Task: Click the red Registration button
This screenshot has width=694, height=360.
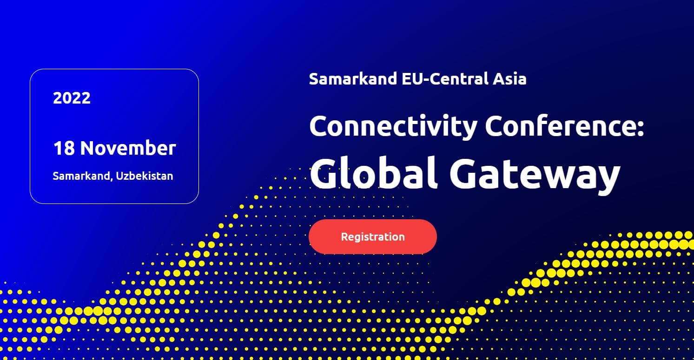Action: point(373,237)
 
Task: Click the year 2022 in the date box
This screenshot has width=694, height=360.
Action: point(72,98)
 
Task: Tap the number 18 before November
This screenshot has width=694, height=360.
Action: point(64,148)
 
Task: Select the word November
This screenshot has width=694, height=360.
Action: point(128,148)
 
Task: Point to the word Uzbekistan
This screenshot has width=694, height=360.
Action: point(145,176)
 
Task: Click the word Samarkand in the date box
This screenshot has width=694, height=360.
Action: point(81,176)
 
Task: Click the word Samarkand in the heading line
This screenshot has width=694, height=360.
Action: point(353,79)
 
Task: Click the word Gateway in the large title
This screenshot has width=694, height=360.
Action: point(535,175)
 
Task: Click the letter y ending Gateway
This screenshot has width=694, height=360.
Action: point(607,180)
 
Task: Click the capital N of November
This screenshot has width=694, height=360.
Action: point(88,148)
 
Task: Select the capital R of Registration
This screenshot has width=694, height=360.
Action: point(344,237)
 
